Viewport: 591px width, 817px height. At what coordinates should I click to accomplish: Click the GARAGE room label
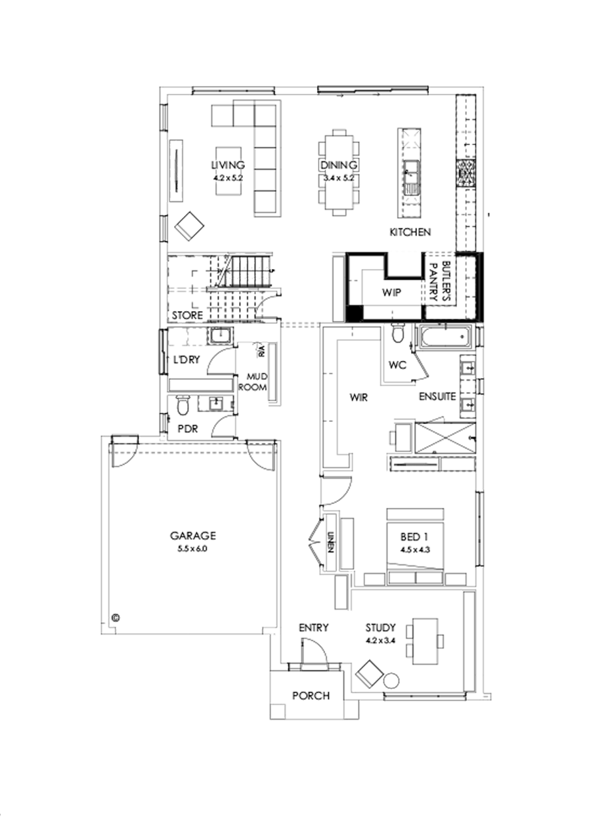[x=192, y=535]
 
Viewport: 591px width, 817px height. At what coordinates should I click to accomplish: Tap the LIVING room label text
[x=228, y=165]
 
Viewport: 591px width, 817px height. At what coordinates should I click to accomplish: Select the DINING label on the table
[x=339, y=165]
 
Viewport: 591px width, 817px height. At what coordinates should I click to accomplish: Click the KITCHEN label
[x=410, y=232]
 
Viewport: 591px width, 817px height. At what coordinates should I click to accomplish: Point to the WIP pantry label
[x=392, y=291]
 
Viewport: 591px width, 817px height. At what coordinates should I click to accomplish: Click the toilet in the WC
[x=397, y=334]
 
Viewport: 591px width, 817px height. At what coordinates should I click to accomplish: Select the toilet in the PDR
[x=183, y=406]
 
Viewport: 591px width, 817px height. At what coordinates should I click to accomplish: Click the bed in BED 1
[x=416, y=545]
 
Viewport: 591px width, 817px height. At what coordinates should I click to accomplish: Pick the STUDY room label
[x=382, y=627]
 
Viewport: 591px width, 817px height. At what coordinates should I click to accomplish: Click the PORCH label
[x=311, y=696]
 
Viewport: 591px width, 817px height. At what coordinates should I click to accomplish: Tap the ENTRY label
[x=313, y=628]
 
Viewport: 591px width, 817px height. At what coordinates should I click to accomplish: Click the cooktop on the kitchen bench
[x=466, y=171]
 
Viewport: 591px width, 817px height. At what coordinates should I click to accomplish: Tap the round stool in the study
[x=391, y=680]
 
